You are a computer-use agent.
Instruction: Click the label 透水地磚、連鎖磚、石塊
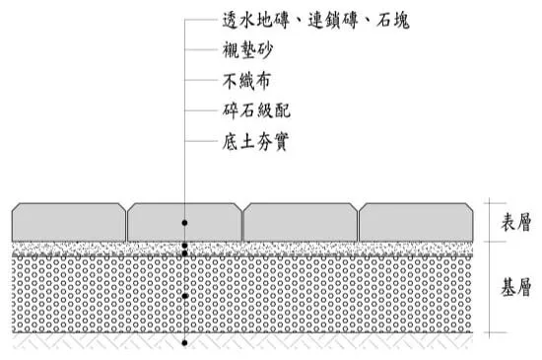coord(315,20)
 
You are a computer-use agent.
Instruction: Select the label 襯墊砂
coord(247,50)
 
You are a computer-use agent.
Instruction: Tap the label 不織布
coord(246,81)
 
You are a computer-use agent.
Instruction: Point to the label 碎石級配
coord(256,110)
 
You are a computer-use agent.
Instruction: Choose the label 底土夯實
coord(255,141)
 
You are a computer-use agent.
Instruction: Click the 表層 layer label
coord(515,222)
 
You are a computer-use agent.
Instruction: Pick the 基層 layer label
coord(515,287)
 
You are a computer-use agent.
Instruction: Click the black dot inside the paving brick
coord(184,223)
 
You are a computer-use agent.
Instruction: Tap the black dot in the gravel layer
coord(184,296)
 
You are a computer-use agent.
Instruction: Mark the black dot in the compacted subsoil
coord(184,343)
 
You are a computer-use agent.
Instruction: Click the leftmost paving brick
coord(69,222)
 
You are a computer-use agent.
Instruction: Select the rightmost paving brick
coord(416,222)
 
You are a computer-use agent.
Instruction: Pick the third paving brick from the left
coord(300,222)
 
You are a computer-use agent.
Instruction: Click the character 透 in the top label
coord(231,20)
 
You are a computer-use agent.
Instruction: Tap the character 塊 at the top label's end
coord(401,21)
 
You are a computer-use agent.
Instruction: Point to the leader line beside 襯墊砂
coord(201,49)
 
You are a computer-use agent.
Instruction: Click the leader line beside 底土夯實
coord(201,141)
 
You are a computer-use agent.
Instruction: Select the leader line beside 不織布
coord(201,80)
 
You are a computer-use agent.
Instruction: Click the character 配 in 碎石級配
coord(283,110)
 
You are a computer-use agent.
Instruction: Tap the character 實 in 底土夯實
coord(281,141)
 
